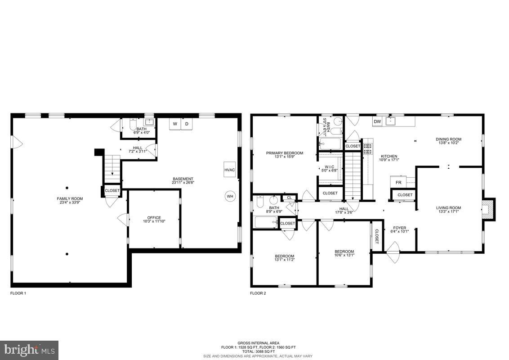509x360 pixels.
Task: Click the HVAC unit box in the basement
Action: (x=230, y=170)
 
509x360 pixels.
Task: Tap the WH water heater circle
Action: (x=230, y=196)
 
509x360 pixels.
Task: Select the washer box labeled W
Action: (x=175, y=124)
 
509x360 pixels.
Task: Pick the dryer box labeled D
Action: (x=187, y=124)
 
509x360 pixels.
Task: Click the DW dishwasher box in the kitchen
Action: (x=377, y=121)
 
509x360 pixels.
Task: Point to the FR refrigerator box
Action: (x=398, y=182)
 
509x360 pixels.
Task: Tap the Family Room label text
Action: (x=70, y=201)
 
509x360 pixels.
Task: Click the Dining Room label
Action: (x=448, y=141)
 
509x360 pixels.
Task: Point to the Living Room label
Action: (x=448, y=210)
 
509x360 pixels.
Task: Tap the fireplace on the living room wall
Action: (x=488, y=209)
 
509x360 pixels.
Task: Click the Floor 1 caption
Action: (x=18, y=293)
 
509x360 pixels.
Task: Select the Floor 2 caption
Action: (x=258, y=293)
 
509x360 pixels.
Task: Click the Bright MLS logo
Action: (x=29, y=350)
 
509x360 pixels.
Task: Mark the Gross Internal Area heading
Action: (x=258, y=343)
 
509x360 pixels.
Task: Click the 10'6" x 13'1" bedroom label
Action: (x=344, y=253)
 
